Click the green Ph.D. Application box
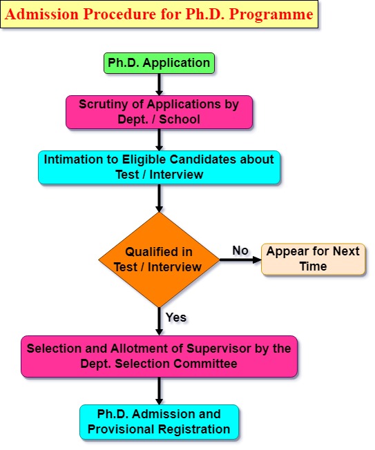pyautogui.click(x=159, y=63)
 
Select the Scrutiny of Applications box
pyautogui.click(x=159, y=112)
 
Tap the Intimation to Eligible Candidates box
pyautogui.click(x=159, y=167)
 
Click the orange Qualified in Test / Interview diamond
pyautogui.click(x=159, y=260)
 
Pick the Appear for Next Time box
pyautogui.click(x=314, y=259)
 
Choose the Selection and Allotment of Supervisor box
pyautogui.click(x=159, y=356)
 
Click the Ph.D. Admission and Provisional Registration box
pyautogui.click(x=159, y=422)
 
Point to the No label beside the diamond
pyautogui.click(x=240, y=251)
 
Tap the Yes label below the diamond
pyautogui.click(x=176, y=317)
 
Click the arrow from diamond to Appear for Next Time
pyautogui.click(x=240, y=260)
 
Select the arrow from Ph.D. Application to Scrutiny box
pyautogui.click(x=159, y=85)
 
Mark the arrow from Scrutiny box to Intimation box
pyautogui.click(x=159, y=140)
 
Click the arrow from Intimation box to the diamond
pyautogui.click(x=159, y=198)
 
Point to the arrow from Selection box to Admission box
pyautogui.click(x=159, y=391)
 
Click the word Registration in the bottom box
pyautogui.click(x=194, y=429)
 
